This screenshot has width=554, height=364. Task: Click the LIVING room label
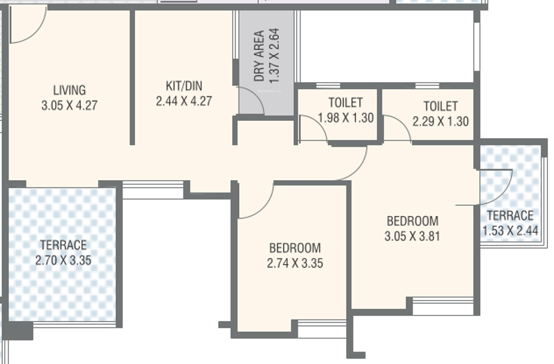[70, 90]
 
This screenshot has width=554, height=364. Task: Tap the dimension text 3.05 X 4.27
[70, 105]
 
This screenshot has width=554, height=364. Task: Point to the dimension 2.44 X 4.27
[183, 101]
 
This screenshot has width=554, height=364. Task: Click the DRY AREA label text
[259, 56]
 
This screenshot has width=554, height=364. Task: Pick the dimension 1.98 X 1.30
[345, 118]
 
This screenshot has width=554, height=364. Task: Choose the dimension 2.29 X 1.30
[441, 122]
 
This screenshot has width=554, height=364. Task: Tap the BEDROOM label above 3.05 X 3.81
[412, 221]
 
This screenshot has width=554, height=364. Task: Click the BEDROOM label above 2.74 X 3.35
[294, 248]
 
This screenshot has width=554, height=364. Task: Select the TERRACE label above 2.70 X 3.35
[63, 245]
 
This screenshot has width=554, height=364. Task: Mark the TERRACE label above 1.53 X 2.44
[510, 216]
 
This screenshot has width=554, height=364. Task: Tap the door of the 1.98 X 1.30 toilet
[312, 129]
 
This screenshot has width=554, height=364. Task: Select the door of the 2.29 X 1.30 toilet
[396, 129]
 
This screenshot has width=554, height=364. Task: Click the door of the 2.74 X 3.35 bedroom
[256, 201]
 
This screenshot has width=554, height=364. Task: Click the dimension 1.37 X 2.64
[275, 56]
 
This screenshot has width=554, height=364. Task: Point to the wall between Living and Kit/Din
[132, 78]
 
